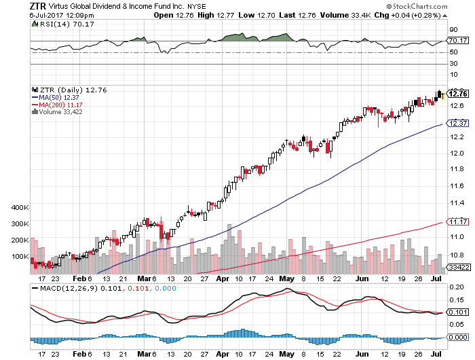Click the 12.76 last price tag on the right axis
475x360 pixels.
point(455,94)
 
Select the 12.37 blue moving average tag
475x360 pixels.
point(455,123)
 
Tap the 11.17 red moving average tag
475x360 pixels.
point(455,221)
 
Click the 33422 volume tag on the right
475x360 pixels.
point(455,268)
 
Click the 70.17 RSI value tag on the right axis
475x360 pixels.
point(455,41)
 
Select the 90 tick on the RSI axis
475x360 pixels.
point(452,30)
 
